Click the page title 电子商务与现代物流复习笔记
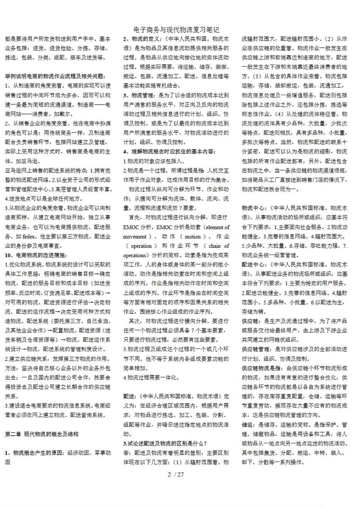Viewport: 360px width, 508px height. coord(176,30)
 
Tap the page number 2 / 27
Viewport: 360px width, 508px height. coord(175,474)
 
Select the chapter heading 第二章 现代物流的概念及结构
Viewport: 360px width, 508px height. coord(42,434)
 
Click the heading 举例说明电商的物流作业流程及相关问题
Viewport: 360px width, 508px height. coord(55,76)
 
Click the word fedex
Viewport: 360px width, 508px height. coord(30,236)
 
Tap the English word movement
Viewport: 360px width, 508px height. coord(135,236)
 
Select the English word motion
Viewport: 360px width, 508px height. coord(193,236)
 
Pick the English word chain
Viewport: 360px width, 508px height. coord(214,246)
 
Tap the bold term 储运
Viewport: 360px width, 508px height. coord(247,425)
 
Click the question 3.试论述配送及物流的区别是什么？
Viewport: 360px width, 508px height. coord(165,443)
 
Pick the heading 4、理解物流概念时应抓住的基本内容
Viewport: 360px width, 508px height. coord(169,152)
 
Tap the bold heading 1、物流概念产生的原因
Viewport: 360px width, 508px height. coord(34,453)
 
